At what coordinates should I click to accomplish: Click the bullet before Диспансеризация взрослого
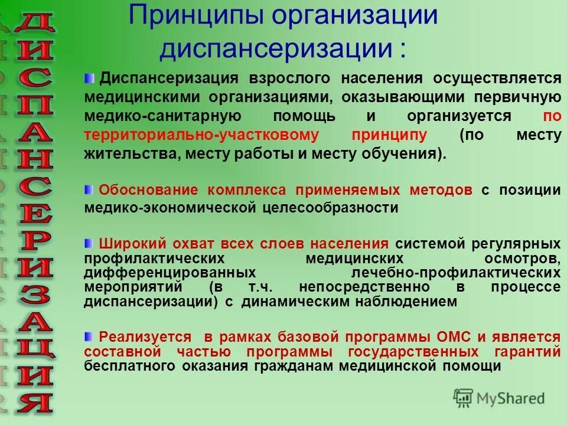tap(89, 79)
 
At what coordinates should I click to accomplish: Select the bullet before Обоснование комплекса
tap(89, 189)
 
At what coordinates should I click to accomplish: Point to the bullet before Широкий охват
tap(89, 243)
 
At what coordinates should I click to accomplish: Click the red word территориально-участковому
tap(201, 135)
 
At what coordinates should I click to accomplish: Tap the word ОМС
tap(454, 338)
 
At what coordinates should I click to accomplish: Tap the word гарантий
tap(530, 352)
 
